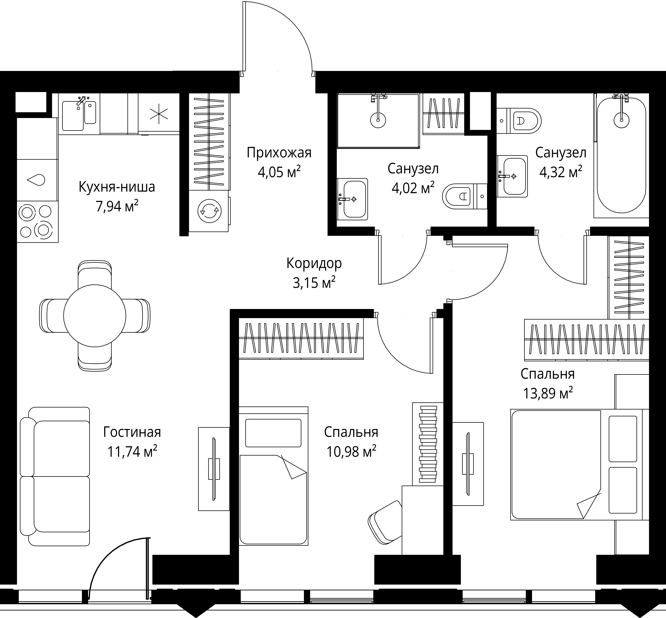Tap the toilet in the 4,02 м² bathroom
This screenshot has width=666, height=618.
465,196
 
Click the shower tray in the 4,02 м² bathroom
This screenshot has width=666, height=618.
378,120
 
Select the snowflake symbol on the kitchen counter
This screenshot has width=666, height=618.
159,114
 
